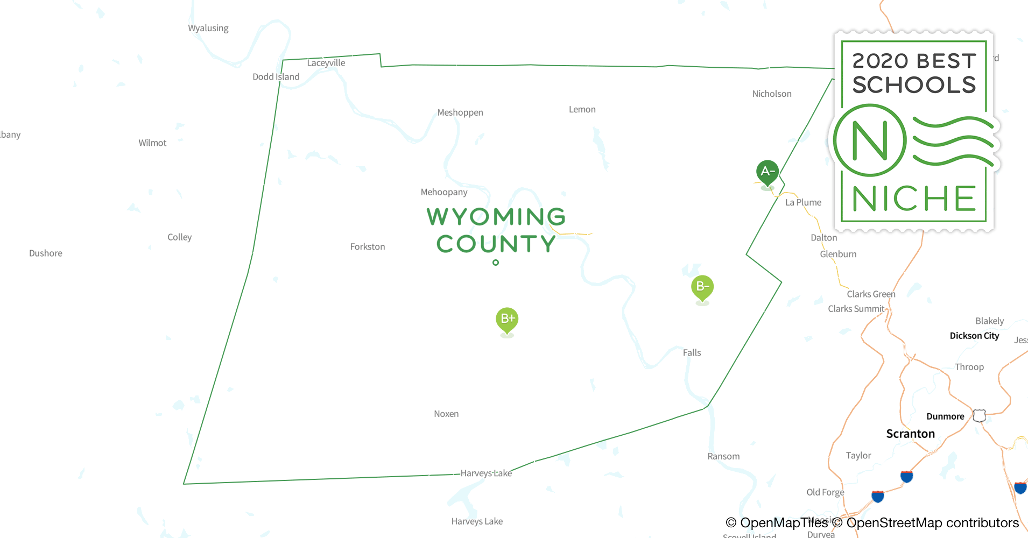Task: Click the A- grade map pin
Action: [x=768, y=172]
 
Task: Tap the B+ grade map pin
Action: [x=507, y=318]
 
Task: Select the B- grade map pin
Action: [x=702, y=286]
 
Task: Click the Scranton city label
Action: [x=910, y=434]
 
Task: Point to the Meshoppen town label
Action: [x=460, y=112]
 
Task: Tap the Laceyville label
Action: [x=326, y=63]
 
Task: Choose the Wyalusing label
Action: [x=208, y=28]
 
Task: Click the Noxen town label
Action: [x=446, y=414]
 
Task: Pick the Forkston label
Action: [x=368, y=247]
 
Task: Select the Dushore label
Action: [x=46, y=253]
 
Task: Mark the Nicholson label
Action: [x=772, y=94]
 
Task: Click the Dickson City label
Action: [x=974, y=336]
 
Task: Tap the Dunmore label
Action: [x=945, y=416]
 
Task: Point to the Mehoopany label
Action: [x=444, y=192]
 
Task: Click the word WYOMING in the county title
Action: [x=496, y=217]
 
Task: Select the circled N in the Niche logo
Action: [x=870, y=140]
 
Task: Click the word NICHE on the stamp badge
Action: [x=914, y=199]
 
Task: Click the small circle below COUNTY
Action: [x=496, y=263]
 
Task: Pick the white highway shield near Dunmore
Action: [x=980, y=415]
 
